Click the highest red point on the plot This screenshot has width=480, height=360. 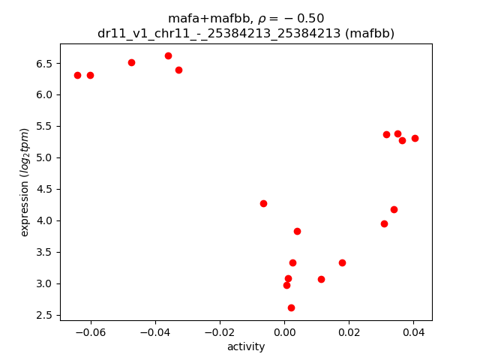point(168,55)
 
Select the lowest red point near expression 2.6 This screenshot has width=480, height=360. point(291,307)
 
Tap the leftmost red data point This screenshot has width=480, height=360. point(77,75)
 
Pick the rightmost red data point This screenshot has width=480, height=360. point(415,138)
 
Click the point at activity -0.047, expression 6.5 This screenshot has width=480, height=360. point(131,62)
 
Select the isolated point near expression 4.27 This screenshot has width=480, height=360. point(263,203)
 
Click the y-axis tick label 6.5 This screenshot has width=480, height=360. point(42,63)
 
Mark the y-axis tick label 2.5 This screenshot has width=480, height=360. point(42,315)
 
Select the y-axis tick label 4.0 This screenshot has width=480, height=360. point(42,220)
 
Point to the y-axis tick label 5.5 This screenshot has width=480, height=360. point(42,126)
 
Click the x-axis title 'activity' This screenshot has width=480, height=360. point(245,346)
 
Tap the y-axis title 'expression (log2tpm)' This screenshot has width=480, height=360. point(25,182)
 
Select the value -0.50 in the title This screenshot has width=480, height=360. point(307,19)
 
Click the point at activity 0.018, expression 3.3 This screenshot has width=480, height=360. point(342,262)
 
